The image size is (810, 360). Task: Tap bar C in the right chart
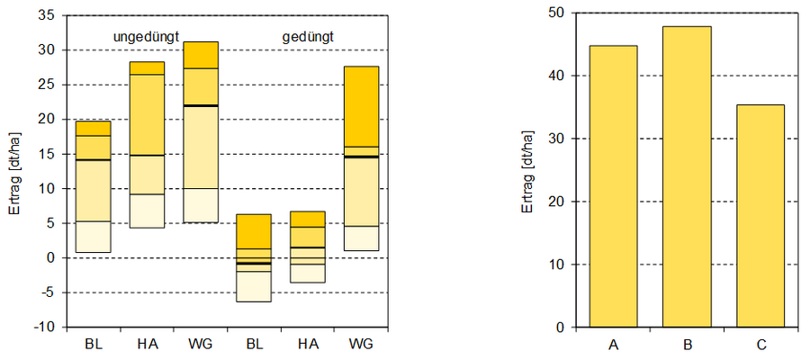pos(760,216)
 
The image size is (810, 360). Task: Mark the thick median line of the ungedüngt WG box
pos(200,106)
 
